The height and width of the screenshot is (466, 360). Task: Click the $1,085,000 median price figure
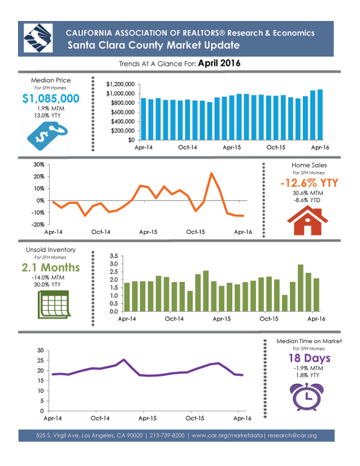tap(50, 98)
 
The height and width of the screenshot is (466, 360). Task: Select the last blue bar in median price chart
tap(320, 115)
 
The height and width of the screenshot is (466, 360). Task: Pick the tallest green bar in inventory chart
tap(301, 288)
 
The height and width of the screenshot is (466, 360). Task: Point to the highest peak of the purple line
tap(123, 360)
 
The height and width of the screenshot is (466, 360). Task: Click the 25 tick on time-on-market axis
tap(41, 360)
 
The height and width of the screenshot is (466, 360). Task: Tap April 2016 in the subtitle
tap(215, 62)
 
